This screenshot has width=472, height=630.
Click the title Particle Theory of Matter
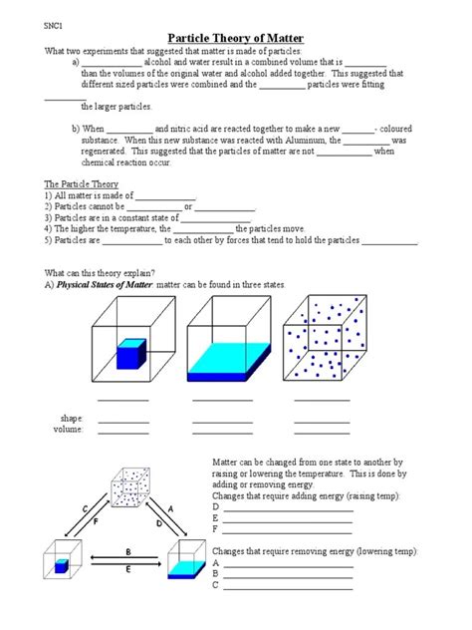tap(236, 33)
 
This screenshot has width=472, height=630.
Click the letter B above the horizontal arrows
tap(128, 550)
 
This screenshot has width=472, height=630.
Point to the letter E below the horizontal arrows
tap(128, 569)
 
